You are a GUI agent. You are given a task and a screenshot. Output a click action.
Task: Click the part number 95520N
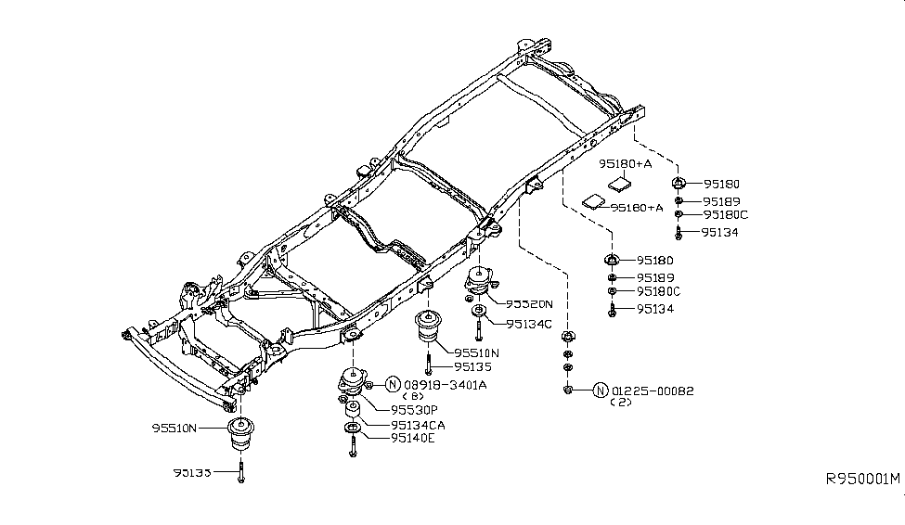[x=529, y=304]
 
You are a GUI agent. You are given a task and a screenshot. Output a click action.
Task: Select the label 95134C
[x=529, y=324]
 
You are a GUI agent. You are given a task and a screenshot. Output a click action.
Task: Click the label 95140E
[x=413, y=438]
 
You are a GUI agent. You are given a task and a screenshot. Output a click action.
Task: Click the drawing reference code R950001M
[x=862, y=480]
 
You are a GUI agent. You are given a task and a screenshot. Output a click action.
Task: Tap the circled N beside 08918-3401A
[x=393, y=384]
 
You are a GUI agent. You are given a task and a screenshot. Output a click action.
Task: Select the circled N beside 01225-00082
[x=600, y=391]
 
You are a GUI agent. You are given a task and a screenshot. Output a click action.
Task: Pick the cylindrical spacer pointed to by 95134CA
[x=354, y=409]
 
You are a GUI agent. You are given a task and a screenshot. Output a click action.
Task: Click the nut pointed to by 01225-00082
[x=568, y=390]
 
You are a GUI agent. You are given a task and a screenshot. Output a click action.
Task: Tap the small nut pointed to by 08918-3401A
[x=369, y=383]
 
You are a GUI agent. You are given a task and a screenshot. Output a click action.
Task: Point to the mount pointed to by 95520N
[x=480, y=281]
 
